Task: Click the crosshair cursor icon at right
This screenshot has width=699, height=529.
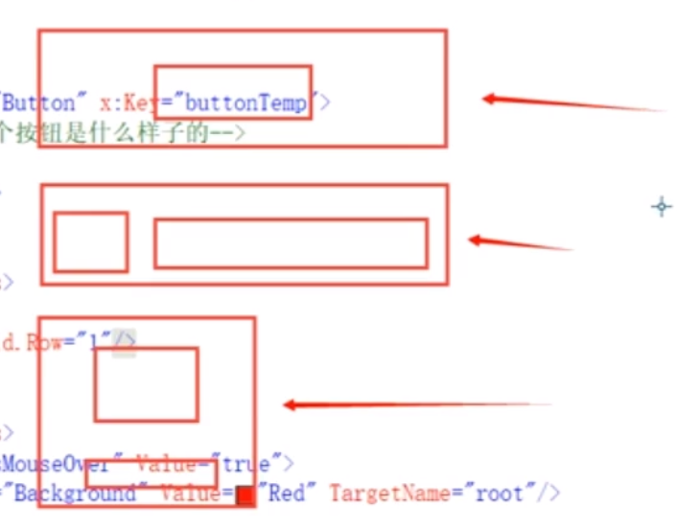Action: pos(662,206)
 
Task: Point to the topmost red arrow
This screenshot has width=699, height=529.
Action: pos(571,103)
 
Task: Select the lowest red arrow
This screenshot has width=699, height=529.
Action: pos(416,405)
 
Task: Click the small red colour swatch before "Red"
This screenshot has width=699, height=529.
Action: pos(245,495)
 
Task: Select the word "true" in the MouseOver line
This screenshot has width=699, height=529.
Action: pos(246,465)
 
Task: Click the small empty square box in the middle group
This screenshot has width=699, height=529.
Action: pos(90,242)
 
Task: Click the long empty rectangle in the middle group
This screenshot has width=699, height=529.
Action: pos(291,243)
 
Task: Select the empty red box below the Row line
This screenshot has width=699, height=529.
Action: pos(146,384)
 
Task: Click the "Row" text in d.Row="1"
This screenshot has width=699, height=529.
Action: pos(45,342)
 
